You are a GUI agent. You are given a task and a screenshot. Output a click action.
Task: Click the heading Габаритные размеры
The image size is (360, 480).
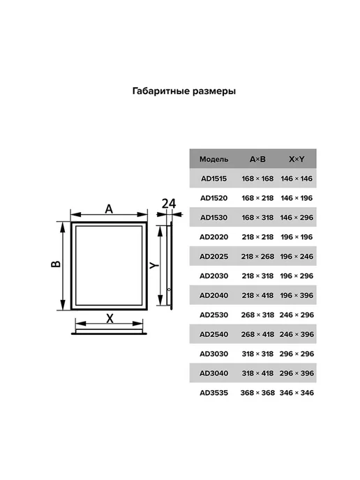184,91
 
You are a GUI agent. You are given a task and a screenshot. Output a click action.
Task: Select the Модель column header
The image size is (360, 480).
213,159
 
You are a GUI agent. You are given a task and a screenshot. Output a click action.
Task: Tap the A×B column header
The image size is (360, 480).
257,159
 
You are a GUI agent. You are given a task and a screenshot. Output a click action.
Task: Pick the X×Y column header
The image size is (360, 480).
297,159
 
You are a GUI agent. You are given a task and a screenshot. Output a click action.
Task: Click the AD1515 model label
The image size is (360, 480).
213,179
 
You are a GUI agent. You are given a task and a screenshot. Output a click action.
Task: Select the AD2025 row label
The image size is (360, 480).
213,256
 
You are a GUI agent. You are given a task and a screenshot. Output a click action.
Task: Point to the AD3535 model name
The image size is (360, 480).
213,393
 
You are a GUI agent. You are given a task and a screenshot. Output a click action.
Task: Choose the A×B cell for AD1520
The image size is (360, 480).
257,198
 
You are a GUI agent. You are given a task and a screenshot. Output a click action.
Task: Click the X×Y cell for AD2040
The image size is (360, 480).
297,295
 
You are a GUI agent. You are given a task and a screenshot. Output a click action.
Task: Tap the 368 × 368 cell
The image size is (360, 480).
257,393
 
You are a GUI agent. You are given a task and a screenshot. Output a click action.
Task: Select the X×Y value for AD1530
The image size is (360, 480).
297,218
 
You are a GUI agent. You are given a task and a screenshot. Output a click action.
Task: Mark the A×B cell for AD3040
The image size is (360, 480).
257,373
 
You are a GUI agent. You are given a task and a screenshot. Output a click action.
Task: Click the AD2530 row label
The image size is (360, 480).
213,315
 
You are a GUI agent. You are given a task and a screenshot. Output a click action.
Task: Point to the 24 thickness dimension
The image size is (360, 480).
169,204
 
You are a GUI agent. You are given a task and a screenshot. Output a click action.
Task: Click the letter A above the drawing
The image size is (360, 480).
109,209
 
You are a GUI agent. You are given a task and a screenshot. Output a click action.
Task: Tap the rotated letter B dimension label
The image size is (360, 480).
56,264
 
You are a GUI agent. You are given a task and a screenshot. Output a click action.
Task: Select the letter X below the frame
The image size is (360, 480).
110,319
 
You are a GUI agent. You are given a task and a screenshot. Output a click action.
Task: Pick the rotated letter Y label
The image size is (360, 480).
154,265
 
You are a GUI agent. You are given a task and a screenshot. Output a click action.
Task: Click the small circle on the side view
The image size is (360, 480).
169,290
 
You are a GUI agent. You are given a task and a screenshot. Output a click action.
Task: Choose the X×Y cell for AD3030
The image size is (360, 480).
297,354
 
